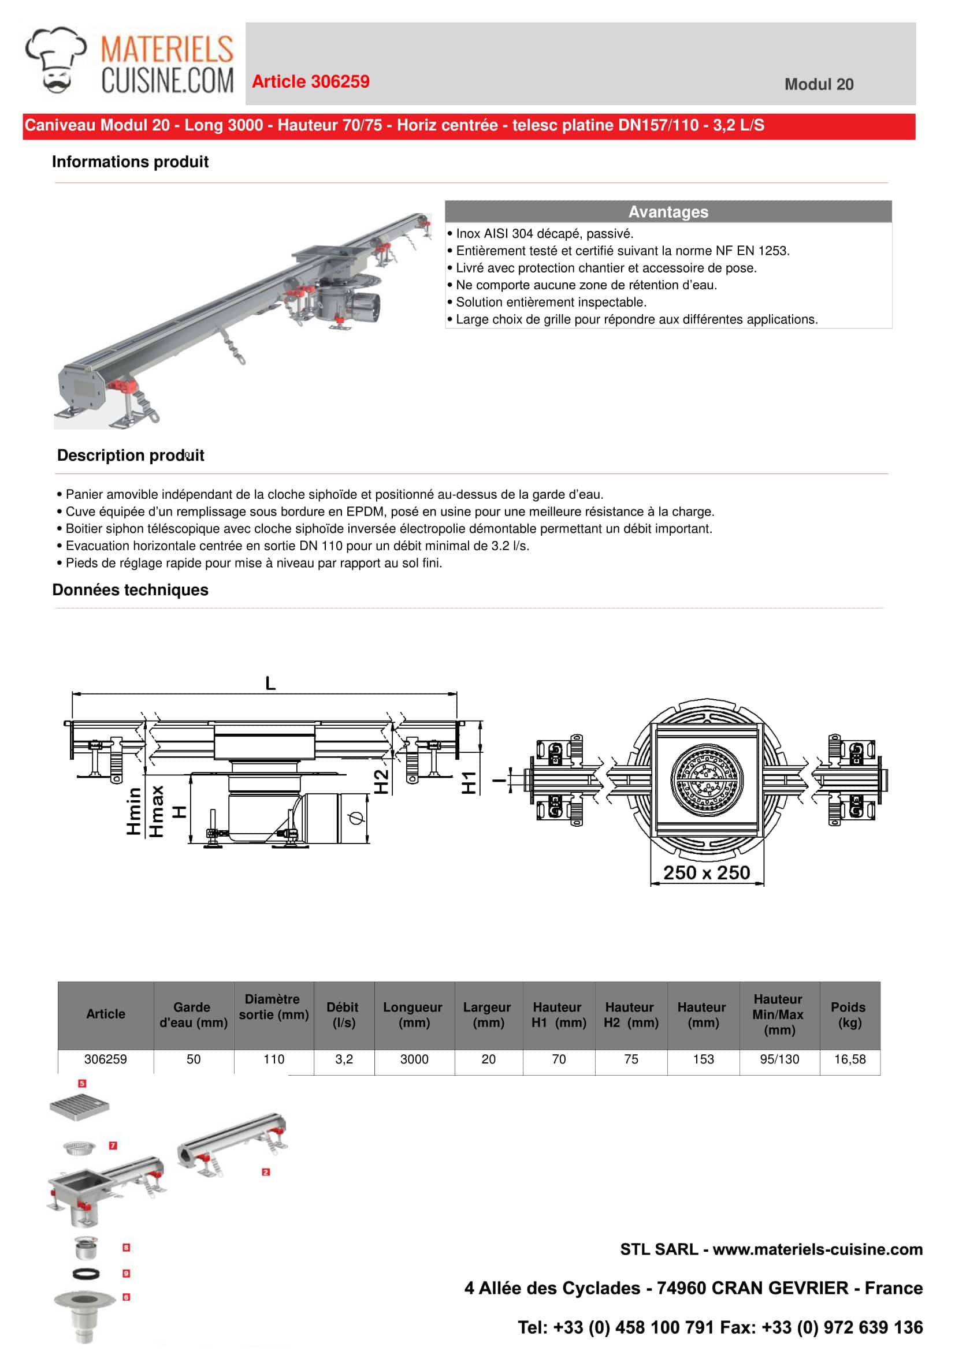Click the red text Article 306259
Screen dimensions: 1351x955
pos(310,81)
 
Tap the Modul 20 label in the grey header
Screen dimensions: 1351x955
pos(819,84)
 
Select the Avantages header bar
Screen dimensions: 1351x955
pos(668,212)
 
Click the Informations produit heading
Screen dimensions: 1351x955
pos(130,162)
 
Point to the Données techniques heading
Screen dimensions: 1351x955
pos(130,589)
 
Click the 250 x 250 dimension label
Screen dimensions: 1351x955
pos(706,872)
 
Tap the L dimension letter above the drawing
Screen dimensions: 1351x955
pos(270,684)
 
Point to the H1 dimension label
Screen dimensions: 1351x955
pos(469,782)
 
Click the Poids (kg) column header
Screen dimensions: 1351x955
pos(849,1014)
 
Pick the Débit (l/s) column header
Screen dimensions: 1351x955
pos(343,1014)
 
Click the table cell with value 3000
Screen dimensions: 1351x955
pos(414,1059)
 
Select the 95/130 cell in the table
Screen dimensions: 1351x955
pos(779,1059)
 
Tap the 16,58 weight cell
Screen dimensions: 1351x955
pos(850,1059)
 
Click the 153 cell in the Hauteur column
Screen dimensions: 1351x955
pos(703,1059)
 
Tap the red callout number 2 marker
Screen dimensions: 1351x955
pos(266,1172)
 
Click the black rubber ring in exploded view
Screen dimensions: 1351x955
pos(86,1274)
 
